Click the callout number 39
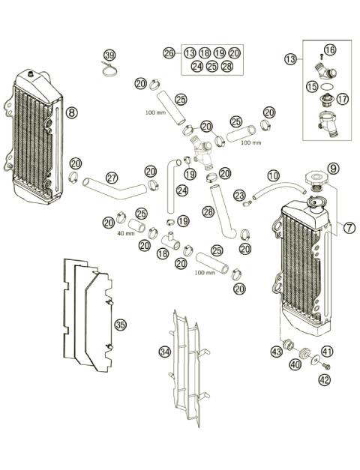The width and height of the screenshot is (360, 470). pos(109,56)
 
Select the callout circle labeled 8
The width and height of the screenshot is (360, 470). pos(71,113)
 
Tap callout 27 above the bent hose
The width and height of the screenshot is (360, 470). pos(111,178)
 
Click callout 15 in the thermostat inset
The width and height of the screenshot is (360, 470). pos(311,87)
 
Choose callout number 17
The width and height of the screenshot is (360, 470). pos(342,98)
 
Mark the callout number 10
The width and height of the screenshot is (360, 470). pos(273,175)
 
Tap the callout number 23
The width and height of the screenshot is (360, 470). pos(239,195)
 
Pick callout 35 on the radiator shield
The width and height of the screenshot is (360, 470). pos(120,325)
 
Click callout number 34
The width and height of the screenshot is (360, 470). pos(164,352)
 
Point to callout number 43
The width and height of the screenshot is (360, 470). pos(277,352)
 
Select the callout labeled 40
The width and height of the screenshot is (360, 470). pos(295,364)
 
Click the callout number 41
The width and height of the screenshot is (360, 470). pos(327,351)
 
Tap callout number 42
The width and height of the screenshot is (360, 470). pos(324,380)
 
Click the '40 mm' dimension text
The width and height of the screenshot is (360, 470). pos(125,233)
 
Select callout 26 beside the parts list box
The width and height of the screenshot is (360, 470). pos(169,52)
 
